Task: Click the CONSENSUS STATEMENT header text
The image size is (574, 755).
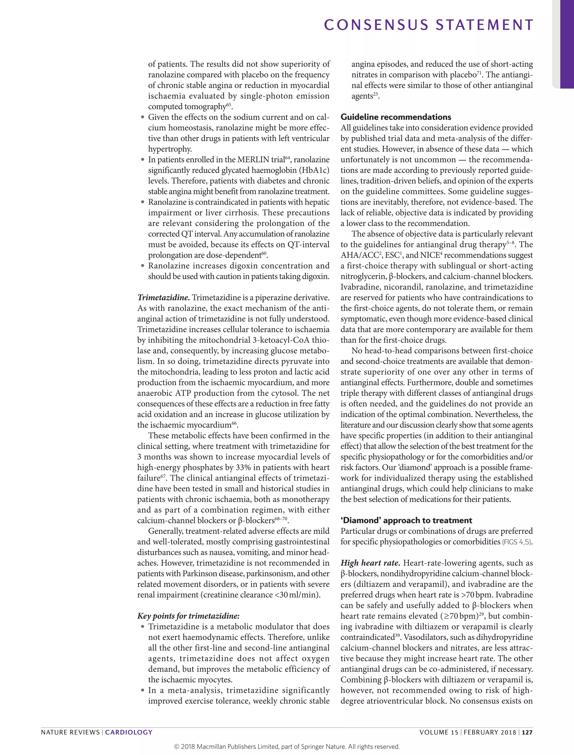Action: [x=429, y=25]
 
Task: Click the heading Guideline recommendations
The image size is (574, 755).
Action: [x=396, y=117]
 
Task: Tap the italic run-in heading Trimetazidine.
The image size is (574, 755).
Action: [x=163, y=298]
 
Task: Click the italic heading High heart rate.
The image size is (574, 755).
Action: [x=370, y=563]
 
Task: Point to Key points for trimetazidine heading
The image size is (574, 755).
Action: [x=188, y=616]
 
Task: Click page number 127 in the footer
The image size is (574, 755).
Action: [x=527, y=732]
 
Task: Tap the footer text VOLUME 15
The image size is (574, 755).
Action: [x=438, y=732]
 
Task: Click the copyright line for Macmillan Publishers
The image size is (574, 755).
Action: [x=287, y=747]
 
